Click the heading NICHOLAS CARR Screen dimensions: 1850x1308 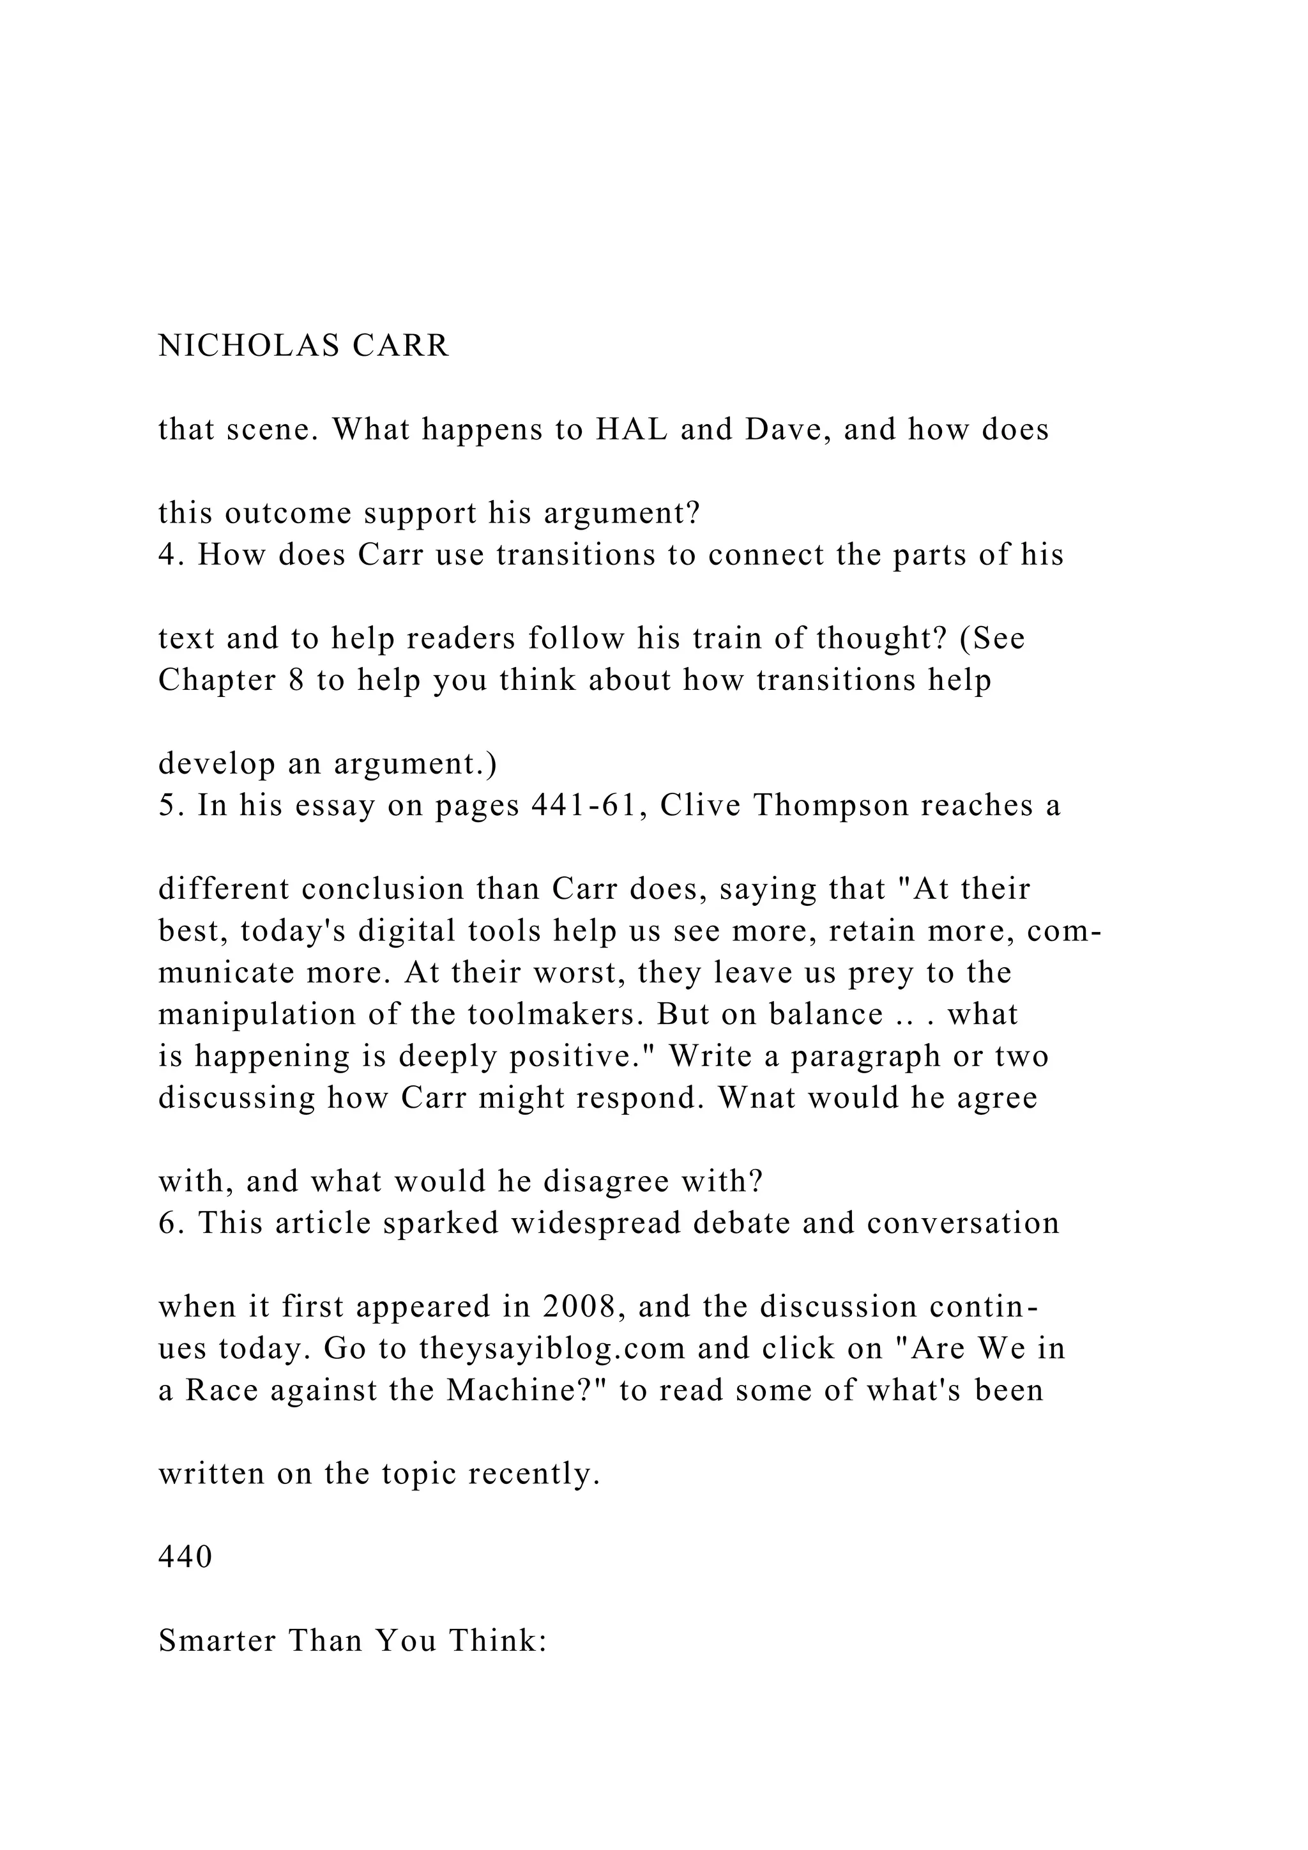[303, 346]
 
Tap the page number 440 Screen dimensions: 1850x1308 [185, 1557]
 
